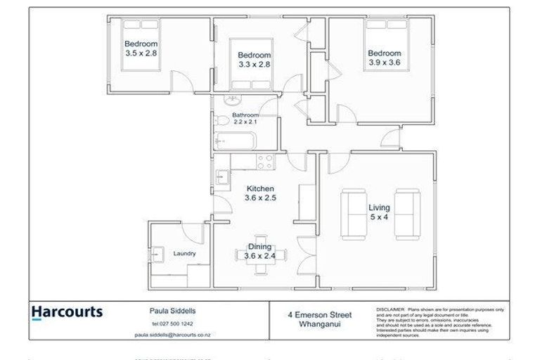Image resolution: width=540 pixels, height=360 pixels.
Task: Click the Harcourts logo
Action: pyautogui.click(x=67, y=312)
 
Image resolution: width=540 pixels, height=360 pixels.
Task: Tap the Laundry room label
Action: pyautogui.click(x=184, y=254)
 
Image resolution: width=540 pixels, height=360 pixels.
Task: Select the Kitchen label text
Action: pyautogui.click(x=259, y=188)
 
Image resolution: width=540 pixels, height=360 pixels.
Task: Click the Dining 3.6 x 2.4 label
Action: pyautogui.click(x=259, y=251)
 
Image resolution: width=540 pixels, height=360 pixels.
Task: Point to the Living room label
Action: pyautogui.click(x=379, y=212)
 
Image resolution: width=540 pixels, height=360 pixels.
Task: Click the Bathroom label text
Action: pyautogui.click(x=246, y=118)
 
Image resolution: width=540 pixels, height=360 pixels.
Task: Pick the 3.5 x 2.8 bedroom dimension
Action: pyautogui.click(x=141, y=53)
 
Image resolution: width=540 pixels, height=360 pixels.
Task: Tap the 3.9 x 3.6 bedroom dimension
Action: pyautogui.click(x=385, y=63)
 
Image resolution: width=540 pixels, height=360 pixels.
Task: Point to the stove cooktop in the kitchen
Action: pyautogui.click(x=265, y=162)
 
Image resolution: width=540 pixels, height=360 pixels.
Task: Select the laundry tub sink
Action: pyautogui.click(x=158, y=253)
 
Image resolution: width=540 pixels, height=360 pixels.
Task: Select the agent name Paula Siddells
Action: pyautogui.click(x=172, y=309)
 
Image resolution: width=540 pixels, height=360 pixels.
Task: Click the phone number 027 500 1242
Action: pyautogui.click(x=172, y=323)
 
